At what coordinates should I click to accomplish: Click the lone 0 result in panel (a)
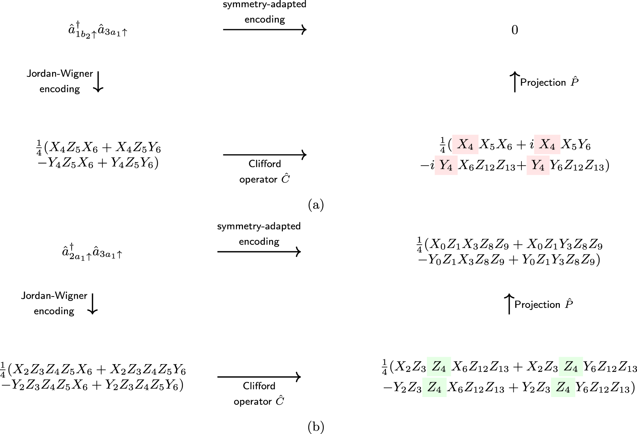click(x=515, y=30)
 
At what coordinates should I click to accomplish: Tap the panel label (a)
click(x=316, y=204)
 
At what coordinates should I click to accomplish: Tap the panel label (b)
click(x=316, y=427)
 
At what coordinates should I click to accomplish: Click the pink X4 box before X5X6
click(x=465, y=145)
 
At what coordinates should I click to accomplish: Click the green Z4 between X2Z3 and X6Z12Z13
click(x=439, y=367)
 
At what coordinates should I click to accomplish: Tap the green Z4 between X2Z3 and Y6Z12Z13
click(x=571, y=367)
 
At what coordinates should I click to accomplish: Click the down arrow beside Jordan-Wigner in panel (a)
click(x=98, y=82)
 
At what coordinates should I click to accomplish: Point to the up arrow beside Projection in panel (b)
click(x=509, y=304)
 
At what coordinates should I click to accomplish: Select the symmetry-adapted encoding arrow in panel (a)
click(x=265, y=30)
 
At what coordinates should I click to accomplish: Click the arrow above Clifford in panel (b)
click(x=259, y=377)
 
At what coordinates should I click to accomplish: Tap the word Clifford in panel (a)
click(x=265, y=164)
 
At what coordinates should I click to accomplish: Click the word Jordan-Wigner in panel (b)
click(x=54, y=296)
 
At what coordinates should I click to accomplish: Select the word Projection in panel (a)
click(x=543, y=82)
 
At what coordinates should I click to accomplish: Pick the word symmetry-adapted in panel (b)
click(x=259, y=226)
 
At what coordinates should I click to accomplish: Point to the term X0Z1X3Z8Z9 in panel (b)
click(x=467, y=245)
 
